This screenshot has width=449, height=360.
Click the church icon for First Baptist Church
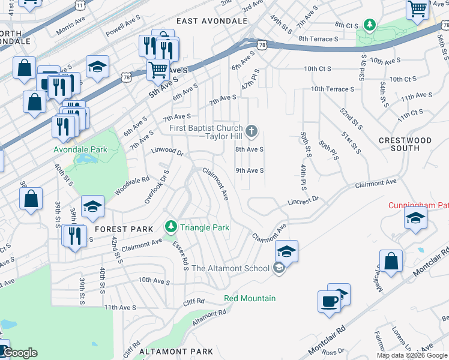pos(252,130)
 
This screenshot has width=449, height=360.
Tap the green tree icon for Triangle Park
pos(172,227)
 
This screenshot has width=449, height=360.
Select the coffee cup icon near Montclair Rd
pos(329,302)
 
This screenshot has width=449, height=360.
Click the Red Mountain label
pos(250,298)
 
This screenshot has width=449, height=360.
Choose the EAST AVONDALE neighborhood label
pos(212,21)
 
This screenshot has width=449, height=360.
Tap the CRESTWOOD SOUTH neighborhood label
pos(405,144)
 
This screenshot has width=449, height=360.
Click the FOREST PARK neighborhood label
pos(119,229)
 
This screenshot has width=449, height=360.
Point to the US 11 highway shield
pos(80,4)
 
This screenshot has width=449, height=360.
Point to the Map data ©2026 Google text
pos(412,355)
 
